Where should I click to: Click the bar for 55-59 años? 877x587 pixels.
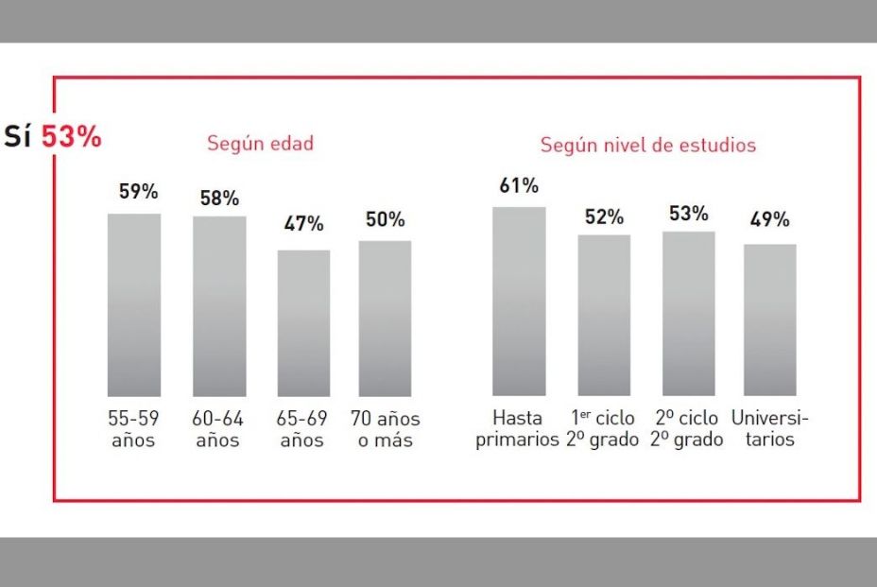134,304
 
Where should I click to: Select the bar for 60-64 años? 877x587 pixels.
219,306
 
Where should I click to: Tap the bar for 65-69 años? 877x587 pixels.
303,322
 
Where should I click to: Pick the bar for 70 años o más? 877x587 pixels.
385,318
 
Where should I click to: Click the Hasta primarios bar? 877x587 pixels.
519,301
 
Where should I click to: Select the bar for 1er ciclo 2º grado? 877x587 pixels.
604,315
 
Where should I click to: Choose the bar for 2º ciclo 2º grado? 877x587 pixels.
688,313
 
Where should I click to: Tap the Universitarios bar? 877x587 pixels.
769,319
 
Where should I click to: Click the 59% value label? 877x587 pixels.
138,192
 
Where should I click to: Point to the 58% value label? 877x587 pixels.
219,199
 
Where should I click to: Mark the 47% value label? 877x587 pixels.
303,224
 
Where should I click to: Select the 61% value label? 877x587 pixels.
519,185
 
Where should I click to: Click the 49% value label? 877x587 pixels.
769,220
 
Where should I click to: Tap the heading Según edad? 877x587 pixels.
260,144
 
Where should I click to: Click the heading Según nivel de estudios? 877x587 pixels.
647,146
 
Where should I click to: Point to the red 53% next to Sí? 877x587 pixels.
71,136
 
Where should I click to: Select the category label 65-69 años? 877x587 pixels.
303,429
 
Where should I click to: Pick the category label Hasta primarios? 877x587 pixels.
517,429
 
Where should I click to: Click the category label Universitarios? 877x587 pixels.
769,429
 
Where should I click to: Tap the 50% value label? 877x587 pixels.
385,219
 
